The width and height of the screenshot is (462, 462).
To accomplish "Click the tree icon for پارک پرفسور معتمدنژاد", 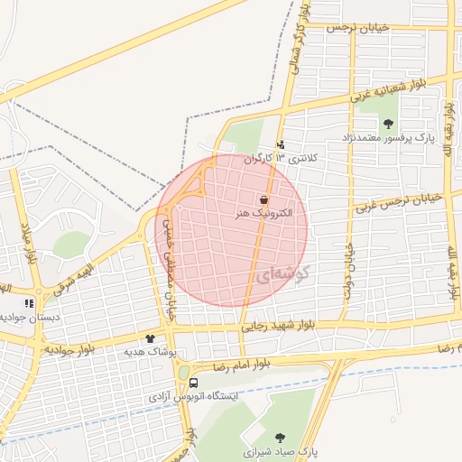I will pos(389,124).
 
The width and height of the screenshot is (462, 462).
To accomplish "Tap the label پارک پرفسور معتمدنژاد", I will pos(388,139).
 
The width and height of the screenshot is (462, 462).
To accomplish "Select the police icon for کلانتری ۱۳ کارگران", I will pos(281,143).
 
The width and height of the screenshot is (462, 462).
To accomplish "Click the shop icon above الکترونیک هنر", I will pos(263,200).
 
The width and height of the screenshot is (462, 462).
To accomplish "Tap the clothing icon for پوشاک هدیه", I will pos(162,338).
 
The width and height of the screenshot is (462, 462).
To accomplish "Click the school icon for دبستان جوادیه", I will pos(29,303).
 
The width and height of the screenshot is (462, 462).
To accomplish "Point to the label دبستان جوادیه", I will pos(22,317).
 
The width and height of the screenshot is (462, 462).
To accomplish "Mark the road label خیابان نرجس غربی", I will pos(397,201).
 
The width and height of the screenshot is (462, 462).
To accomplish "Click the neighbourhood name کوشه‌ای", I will pos(278,273).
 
